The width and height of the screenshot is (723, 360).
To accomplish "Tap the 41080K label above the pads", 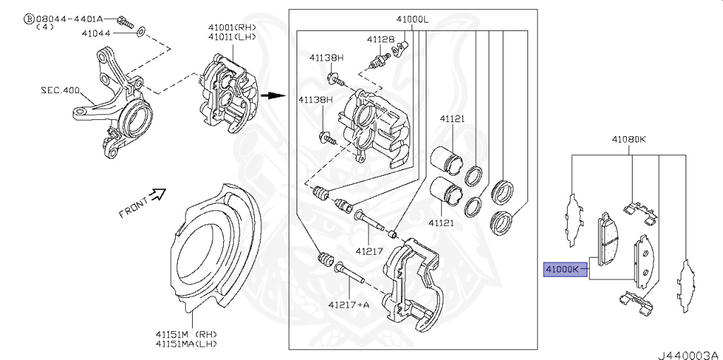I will (629, 140).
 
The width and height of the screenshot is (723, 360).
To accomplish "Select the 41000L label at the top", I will (412, 20).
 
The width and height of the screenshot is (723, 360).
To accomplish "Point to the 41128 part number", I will (381, 39).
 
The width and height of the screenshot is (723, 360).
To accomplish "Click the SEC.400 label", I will (60, 90).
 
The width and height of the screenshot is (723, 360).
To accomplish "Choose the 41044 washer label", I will (95, 32).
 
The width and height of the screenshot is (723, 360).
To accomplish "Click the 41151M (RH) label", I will (187, 333).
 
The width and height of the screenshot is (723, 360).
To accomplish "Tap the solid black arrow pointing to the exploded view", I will (269, 96).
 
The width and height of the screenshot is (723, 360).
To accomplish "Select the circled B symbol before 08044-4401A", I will (29, 18).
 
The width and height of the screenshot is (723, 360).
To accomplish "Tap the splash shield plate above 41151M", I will (212, 254).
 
